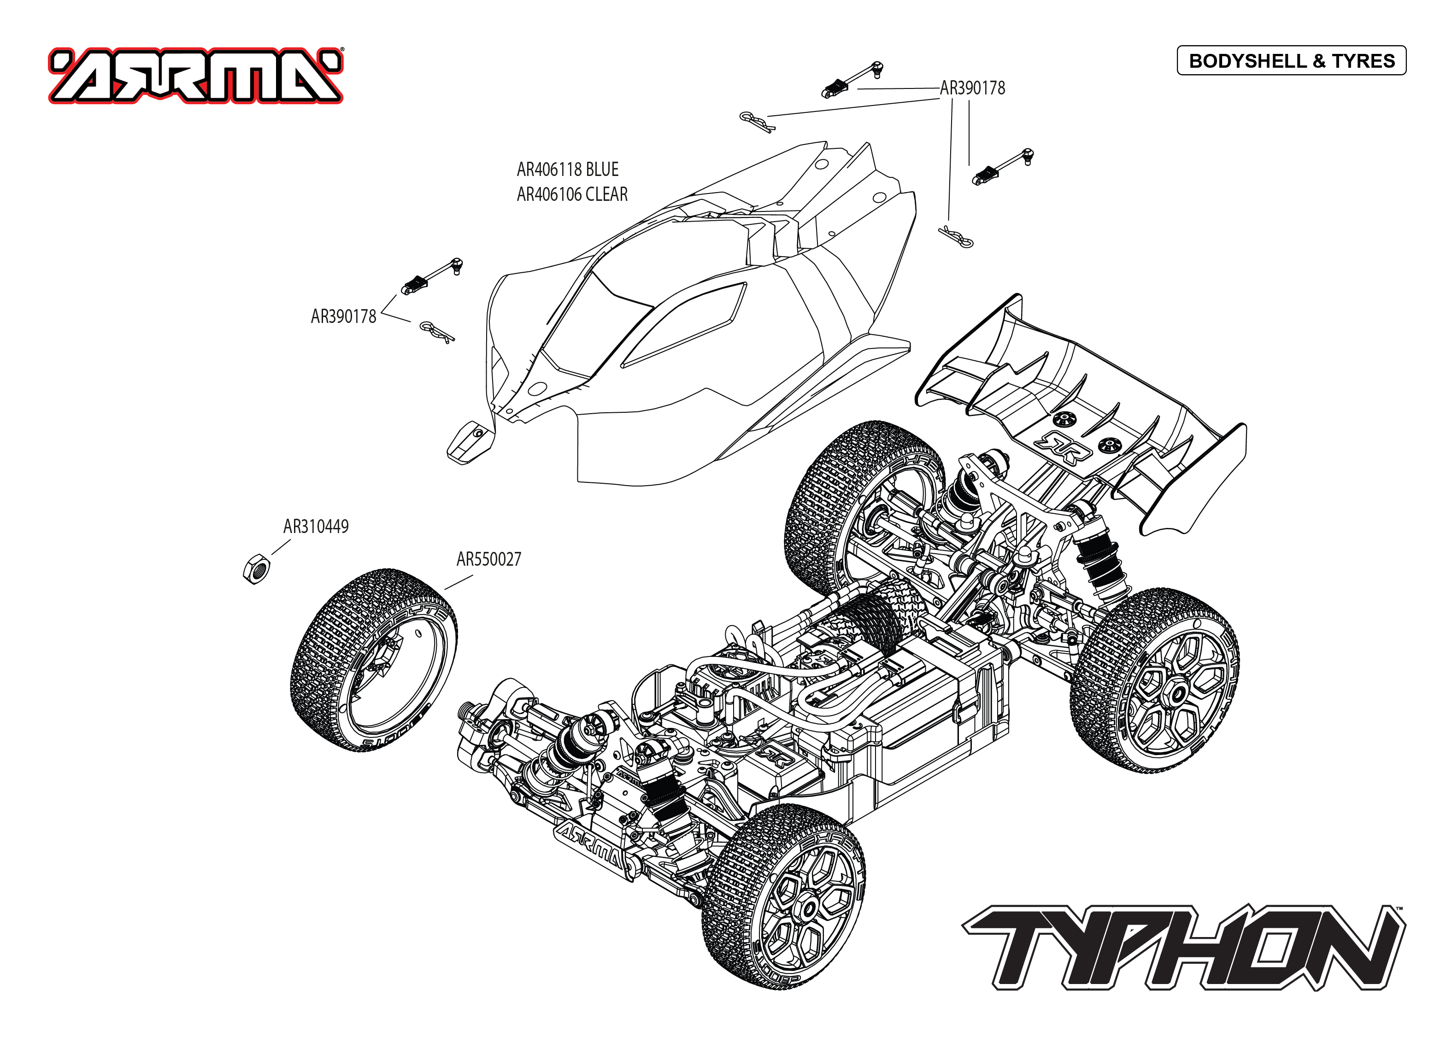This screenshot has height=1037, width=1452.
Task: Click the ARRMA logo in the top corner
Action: pyautogui.click(x=195, y=76)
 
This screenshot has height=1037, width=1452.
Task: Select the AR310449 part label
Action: pyautogui.click(x=316, y=527)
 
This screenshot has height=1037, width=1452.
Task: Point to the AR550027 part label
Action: pyautogui.click(x=488, y=559)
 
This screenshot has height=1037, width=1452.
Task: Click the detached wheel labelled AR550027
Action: pyautogui.click(x=374, y=659)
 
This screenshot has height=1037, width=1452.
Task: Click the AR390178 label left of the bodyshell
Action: pyautogui.click(x=343, y=316)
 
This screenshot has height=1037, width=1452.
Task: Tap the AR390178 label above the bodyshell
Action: pyautogui.click(x=972, y=88)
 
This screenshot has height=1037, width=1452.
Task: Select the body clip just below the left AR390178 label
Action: pyautogui.click(x=437, y=331)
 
